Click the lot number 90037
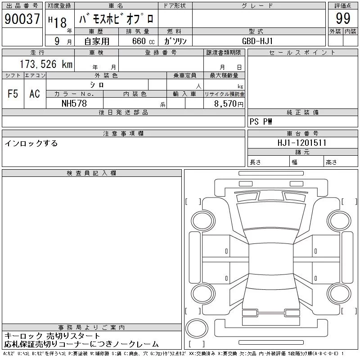click(22, 18)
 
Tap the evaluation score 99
click(343, 18)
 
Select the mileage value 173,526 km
click(46, 64)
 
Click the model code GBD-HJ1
click(257, 41)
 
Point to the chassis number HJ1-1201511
click(302, 143)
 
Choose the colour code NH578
click(74, 103)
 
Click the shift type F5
click(13, 94)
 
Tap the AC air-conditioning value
click(35, 94)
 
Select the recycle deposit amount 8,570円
click(229, 104)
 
